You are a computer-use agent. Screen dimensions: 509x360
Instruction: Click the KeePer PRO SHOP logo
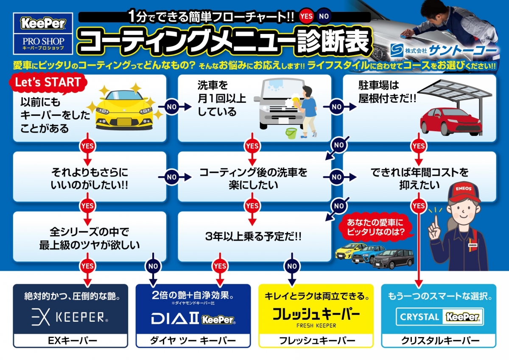(43, 34)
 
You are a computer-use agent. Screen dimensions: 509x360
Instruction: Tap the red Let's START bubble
(48, 83)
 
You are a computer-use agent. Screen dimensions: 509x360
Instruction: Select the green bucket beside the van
(291, 133)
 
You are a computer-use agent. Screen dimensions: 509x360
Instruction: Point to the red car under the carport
(451, 121)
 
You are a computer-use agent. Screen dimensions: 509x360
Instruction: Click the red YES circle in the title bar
(306, 16)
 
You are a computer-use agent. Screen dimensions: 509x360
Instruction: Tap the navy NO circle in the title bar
(324, 16)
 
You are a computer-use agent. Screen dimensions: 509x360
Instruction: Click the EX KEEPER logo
(70, 317)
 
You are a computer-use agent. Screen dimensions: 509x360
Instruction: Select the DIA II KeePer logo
(193, 318)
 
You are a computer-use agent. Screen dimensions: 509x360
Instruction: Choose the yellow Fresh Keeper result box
(316, 316)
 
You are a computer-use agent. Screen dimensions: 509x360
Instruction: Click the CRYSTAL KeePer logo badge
(440, 317)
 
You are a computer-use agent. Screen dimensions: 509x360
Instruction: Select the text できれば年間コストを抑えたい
(420, 179)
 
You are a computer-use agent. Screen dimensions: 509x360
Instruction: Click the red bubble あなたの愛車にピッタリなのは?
(375, 228)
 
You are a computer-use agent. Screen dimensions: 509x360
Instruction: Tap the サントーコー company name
(462, 50)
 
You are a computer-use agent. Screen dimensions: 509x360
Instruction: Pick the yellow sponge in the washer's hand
(296, 102)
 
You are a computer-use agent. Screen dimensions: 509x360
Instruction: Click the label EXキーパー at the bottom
(73, 340)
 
